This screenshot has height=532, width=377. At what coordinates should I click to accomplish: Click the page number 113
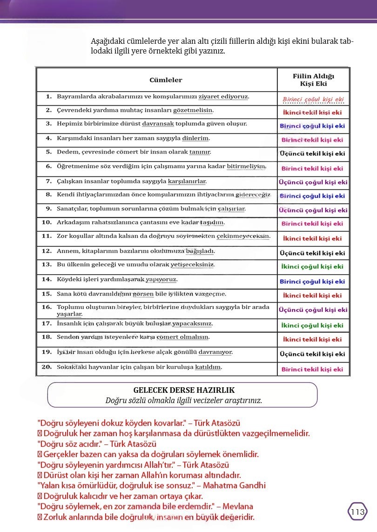pos(357,512)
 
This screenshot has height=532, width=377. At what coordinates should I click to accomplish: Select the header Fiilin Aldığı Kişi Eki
pos(313,80)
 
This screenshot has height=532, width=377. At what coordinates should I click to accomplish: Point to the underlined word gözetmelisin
pos(193,110)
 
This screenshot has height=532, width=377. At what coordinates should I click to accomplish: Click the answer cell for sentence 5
pos(313,153)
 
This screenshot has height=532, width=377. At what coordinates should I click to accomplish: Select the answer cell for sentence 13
pos(313,267)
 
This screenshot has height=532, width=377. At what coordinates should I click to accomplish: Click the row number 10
pos(47,222)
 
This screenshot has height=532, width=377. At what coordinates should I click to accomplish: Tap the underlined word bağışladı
pos(200,251)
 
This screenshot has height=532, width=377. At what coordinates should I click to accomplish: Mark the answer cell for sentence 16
pos(313,310)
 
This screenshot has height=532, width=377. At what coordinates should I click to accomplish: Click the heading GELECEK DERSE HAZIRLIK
pos(184,390)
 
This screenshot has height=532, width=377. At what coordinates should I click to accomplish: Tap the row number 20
pos(47,367)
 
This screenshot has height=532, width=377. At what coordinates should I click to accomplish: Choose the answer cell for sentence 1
pos(313,100)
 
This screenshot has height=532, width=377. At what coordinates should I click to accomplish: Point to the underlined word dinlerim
pos(195,138)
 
